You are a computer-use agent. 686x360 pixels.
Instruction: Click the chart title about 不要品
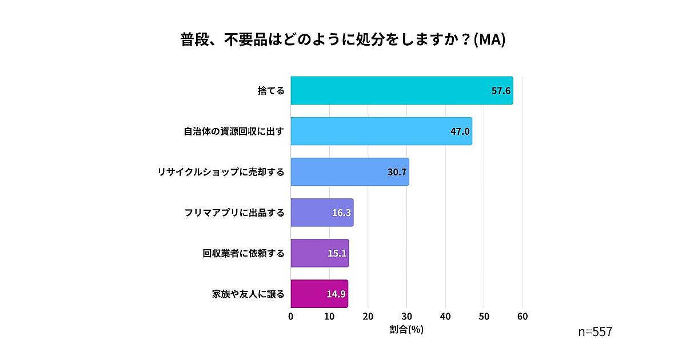pyautogui.click(x=343, y=41)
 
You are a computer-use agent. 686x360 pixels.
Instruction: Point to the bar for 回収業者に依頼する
pyautogui.click(x=320, y=253)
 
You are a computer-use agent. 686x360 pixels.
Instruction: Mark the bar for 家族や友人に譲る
pyautogui.click(x=319, y=294)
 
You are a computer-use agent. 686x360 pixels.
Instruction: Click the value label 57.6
pyautogui.click(x=500, y=91)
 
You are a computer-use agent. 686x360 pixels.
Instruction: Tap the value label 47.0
pyautogui.click(x=460, y=131)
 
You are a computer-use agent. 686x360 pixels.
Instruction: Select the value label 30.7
pyautogui.click(x=397, y=172)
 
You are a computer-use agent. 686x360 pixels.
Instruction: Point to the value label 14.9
pyautogui.click(x=336, y=294)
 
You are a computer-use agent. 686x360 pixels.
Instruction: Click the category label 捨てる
pyautogui.click(x=270, y=91)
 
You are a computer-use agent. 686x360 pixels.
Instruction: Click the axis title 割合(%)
pyautogui.click(x=406, y=330)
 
